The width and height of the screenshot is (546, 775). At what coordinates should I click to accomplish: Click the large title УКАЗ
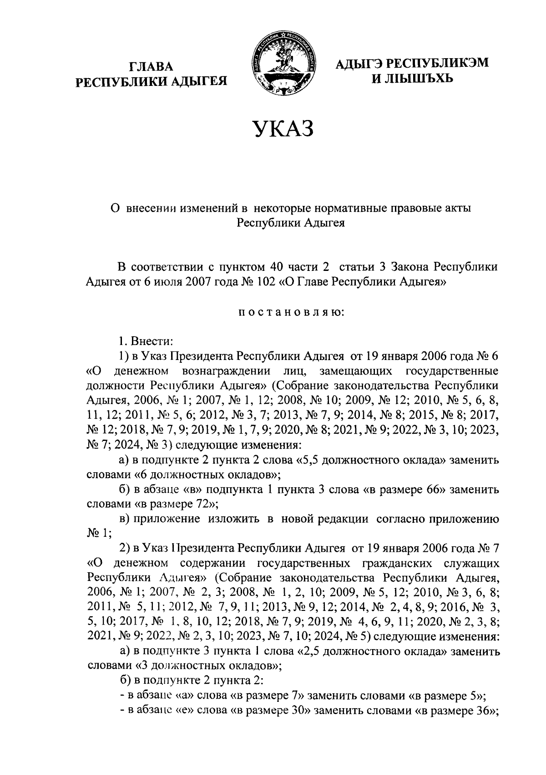pos(283,129)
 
